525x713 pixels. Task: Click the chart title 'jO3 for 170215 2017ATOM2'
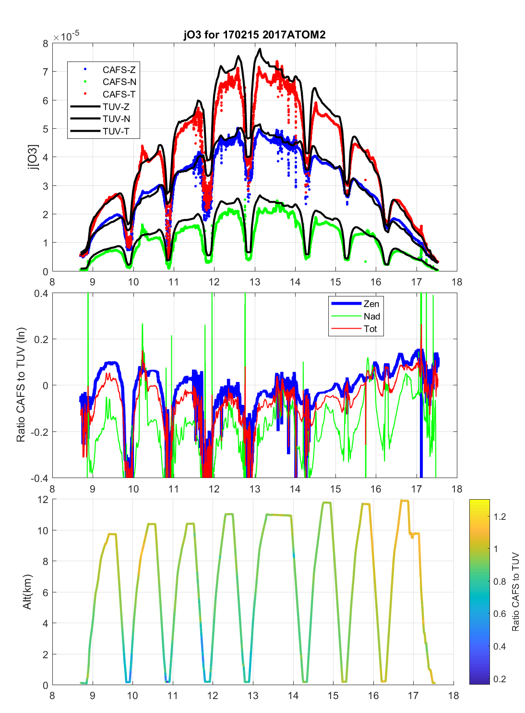pos(254,35)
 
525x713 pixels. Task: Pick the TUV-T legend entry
pos(116,132)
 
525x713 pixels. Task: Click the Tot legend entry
pos(370,329)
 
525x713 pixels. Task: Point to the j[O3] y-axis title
pos(32,157)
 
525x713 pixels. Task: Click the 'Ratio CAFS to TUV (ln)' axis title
pos(21,385)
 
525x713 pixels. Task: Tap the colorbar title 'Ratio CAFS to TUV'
pos(515,592)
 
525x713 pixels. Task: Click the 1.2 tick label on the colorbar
pos(500,517)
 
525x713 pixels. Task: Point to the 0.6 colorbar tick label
pos(500,614)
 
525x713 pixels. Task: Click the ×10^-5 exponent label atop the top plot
pos(66,37)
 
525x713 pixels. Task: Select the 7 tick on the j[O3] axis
pos(46,72)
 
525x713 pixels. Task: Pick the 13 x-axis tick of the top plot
pos(254,282)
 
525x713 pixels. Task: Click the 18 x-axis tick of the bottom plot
pos(453,696)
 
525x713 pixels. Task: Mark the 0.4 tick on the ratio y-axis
pos(42,294)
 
